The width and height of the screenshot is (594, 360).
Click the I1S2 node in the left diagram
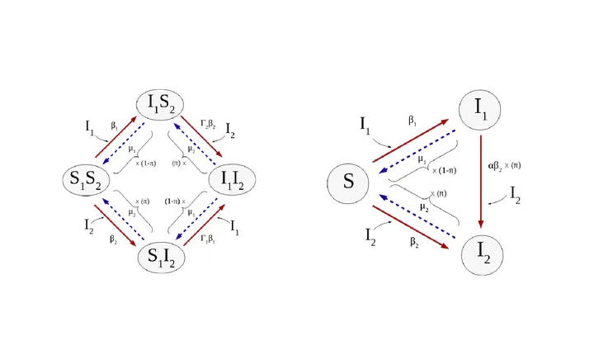(x=161, y=104)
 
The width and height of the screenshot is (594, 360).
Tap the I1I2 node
(x=235, y=180)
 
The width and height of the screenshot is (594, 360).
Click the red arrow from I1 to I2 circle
(x=481, y=182)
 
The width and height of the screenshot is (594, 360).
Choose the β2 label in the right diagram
(x=414, y=243)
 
